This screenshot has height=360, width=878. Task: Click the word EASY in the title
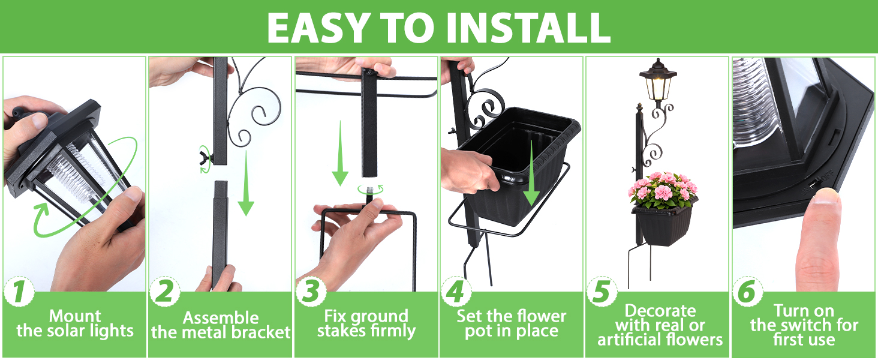click(x=317, y=27)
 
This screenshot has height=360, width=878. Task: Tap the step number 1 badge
click(x=19, y=292)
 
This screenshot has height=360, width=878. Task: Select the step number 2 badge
click(x=164, y=292)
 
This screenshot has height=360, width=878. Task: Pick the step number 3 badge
click(x=311, y=292)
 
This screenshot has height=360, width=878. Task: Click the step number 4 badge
click(x=456, y=292)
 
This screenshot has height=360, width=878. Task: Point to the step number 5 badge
click(x=602, y=292)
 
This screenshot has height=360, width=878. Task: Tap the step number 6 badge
click(x=747, y=292)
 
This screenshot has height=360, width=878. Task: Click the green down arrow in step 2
click(x=246, y=183)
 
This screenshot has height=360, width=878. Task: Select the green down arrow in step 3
click(x=340, y=154)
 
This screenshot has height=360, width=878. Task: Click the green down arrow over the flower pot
click(x=531, y=173)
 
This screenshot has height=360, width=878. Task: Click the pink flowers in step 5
click(x=663, y=190)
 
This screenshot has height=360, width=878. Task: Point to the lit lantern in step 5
click(x=658, y=82)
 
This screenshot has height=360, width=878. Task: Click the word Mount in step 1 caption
click(x=75, y=316)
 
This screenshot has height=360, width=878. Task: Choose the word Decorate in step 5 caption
click(x=660, y=311)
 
